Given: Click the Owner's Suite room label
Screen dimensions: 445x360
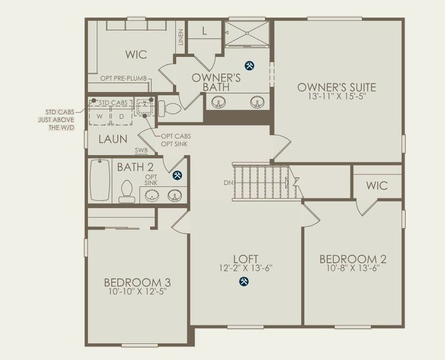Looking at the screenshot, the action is tap(336, 87).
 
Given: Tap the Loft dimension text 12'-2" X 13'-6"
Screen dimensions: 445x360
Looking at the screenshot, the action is tap(246, 268).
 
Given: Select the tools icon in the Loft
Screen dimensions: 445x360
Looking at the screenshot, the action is tap(244, 281).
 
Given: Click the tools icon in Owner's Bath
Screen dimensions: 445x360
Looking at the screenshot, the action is tap(249, 66).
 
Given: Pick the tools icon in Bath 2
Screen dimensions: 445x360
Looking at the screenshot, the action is tap(178, 175).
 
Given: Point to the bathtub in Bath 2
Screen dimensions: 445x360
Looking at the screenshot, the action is tap(100, 180).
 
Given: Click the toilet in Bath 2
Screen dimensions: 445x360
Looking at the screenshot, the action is tap(127, 191).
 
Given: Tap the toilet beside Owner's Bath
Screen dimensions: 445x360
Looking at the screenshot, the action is tap(169, 109).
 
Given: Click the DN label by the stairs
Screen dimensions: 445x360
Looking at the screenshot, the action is tap(228, 183).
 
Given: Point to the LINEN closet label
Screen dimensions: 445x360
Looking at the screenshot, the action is tap(181, 37).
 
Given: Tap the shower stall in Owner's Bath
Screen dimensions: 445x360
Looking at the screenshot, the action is tap(247, 33).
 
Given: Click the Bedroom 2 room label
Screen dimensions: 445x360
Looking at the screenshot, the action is tap(353, 259).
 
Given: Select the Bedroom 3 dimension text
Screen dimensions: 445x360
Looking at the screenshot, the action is tap(138, 291).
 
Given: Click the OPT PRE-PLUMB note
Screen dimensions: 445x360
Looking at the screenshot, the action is tap(124, 78).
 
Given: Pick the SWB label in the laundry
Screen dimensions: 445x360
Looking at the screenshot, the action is tap(141, 151).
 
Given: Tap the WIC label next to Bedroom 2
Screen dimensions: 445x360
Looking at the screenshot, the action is tap(377, 185).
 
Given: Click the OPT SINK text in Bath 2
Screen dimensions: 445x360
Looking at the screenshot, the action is tap(151, 180).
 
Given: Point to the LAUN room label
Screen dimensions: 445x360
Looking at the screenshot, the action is tap(113, 139).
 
